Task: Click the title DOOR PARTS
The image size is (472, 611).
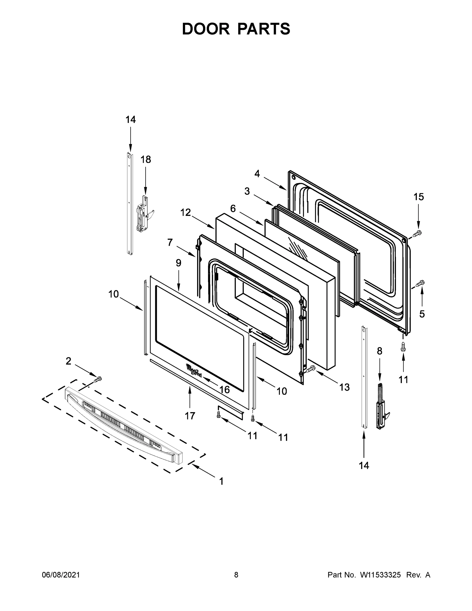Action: tap(236, 29)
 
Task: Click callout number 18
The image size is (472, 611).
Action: tap(145, 159)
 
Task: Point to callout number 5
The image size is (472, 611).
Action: tap(422, 314)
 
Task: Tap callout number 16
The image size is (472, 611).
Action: tap(224, 390)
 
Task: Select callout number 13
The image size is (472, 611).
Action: tap(345, 387)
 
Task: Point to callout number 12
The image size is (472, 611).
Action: tap(185, 213)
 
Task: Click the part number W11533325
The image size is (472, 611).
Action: tap(380, 575)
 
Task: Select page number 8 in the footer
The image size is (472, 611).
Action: tap(236, 575)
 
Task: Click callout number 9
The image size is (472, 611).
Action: tap(178, 263)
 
